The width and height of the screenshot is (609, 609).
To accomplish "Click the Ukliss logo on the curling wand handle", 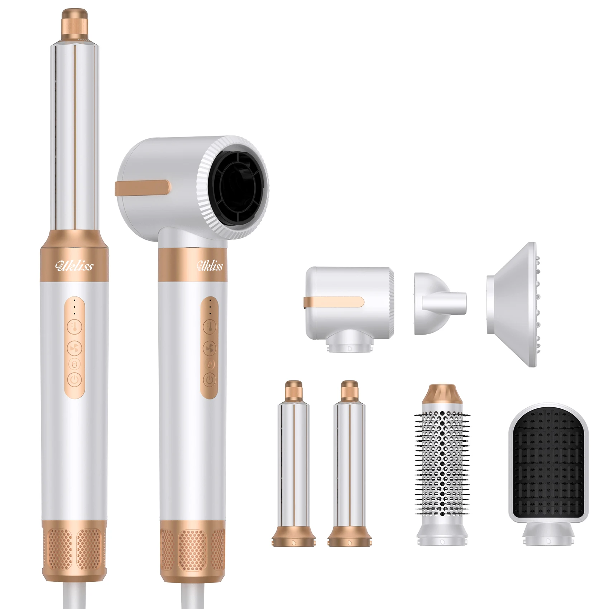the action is tap(74, 265).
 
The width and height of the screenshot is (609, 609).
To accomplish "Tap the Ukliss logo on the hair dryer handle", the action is tap(210, 265).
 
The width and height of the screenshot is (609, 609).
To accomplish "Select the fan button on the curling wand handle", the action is tap(75, 347).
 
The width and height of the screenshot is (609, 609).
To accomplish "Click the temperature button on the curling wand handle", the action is tap(75, 327).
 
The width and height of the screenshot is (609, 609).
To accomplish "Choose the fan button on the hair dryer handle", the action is tap(209, 347).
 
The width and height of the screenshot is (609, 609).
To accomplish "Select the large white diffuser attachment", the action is tap(512, 305).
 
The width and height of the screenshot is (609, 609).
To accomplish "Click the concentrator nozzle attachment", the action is tap(438, 303).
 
